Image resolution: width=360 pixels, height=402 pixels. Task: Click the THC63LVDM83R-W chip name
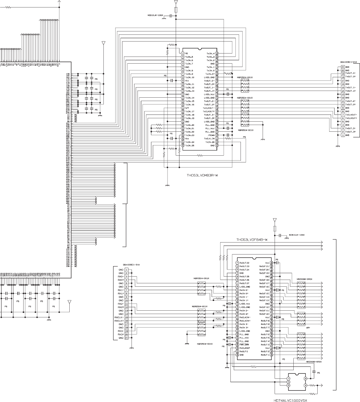click(x=202, y=175)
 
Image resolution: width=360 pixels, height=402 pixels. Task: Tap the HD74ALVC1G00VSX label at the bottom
click(x=291, y=401)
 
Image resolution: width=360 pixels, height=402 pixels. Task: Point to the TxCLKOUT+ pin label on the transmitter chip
click(x=209, y=112)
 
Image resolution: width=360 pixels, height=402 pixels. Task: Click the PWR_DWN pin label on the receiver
click(x=245, y=345)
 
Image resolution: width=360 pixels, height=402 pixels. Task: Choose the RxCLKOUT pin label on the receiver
click(x=246, y=348)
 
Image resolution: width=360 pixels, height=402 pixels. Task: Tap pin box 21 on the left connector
click(x=127, y=338)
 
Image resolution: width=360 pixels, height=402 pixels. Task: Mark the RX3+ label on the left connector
click(x=120, y=335)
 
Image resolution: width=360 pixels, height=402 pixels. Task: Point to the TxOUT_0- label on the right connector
click(x=351, y=74)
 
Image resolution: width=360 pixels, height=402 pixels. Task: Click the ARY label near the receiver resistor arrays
click(x=308, y=328)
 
